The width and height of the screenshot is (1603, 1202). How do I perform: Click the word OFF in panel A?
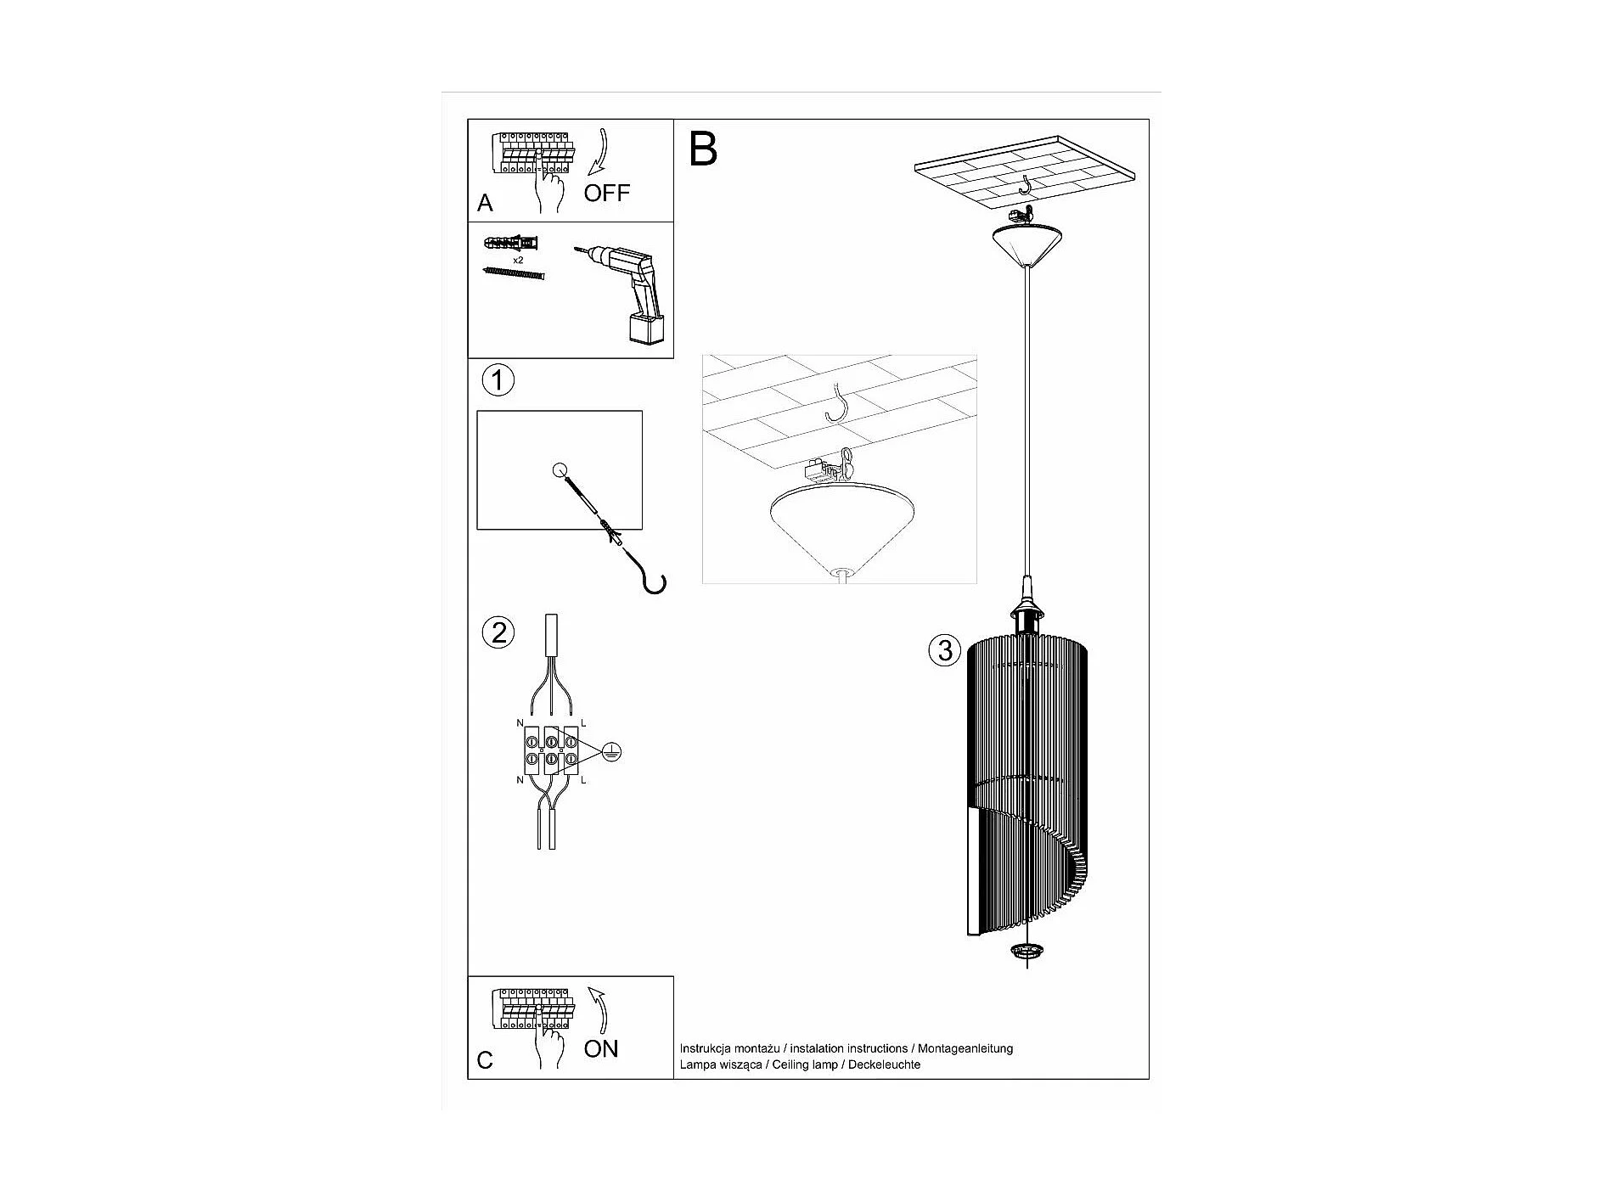tap(606, 193)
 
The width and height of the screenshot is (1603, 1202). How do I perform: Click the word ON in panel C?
tap(601, 1048)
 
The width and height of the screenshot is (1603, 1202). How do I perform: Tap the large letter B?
tap(703, 149)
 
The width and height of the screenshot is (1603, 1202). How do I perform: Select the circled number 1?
tap(498, 379)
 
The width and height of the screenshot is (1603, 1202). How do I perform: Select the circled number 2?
tap(498, 632)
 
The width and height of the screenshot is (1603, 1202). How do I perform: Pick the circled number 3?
tap(944, 651)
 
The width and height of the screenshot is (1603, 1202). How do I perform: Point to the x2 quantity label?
tap(518, 260)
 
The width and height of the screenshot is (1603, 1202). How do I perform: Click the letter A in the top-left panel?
tap(485, 203)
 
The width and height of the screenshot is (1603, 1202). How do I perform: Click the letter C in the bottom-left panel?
tap(485, 1060)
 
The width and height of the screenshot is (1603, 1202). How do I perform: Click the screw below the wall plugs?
tap(513, 273)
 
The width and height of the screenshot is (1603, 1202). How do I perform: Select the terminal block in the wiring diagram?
tap(551, 750)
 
